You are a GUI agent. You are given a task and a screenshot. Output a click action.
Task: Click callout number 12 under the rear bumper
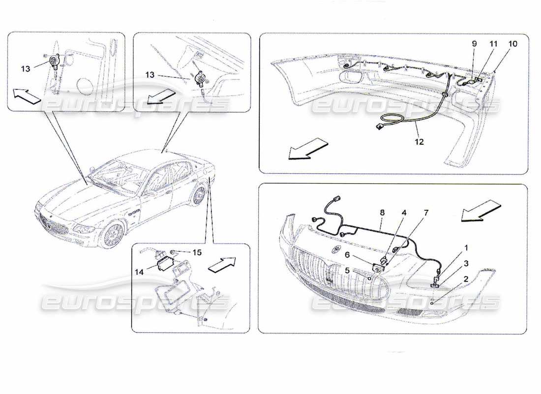pyautogui.click(x=419, y=142)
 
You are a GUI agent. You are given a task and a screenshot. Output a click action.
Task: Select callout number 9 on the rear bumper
pyautogui.click(x=474, y=44)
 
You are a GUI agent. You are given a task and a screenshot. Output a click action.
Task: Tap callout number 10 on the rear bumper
pyautogui.click(x=512, y=44)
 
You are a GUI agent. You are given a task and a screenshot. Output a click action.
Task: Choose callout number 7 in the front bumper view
pyautogui.click(x=426, y=213)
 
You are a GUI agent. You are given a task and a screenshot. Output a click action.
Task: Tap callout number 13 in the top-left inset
pyautogui.click(x=26, y=69)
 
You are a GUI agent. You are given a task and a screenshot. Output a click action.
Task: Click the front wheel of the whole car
pyautogui.click(x=114, y=235)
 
